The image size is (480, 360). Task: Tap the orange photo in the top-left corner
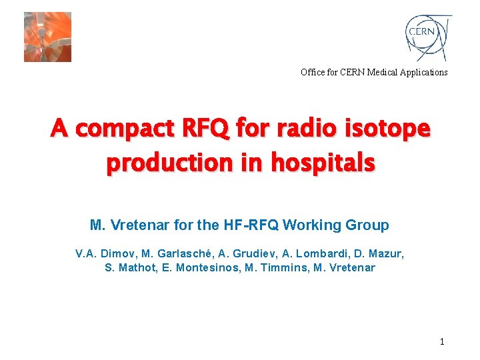pyautogui.click(x=47, y=37)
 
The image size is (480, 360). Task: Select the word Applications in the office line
pyautogui.click(x=424, y=72)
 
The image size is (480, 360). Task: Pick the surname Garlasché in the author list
pyautogui.click(x=185, y=254)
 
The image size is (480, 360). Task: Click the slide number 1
pyautogui.click(x=441, y=342)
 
